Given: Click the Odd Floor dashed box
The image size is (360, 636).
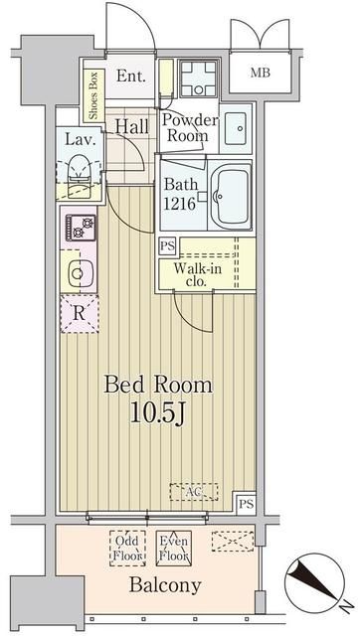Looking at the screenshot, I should (125, 548).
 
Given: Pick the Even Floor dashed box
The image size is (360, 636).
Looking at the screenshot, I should (174, 548).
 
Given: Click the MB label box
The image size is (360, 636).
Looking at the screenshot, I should (260, 73).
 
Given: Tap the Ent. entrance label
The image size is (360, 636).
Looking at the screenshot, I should (131, 77).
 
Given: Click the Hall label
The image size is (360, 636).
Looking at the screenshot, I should (131, 127).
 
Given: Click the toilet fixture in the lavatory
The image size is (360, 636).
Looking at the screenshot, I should (79, 169).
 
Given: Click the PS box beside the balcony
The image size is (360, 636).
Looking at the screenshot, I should (246, 503).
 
